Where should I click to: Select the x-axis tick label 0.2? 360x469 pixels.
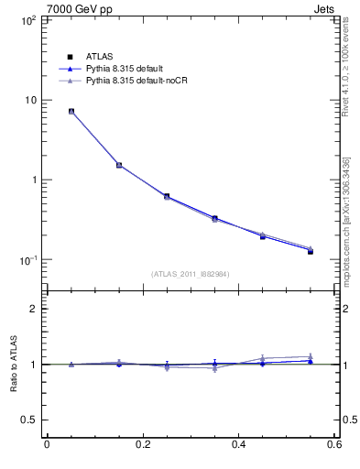tap(142, 445)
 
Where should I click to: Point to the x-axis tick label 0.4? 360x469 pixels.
tap(238, 445)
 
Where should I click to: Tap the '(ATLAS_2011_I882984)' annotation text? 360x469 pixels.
tap(190, 274)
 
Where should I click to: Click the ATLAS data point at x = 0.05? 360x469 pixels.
tap(71, 112)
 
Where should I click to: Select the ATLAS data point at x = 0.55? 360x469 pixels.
tap(311, 251)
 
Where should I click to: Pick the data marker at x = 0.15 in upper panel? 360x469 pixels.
tap(119, 165)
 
